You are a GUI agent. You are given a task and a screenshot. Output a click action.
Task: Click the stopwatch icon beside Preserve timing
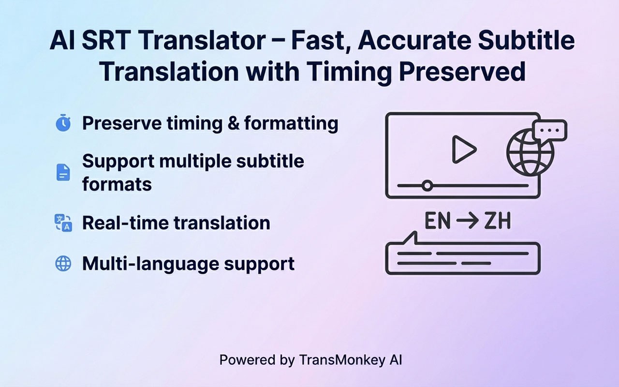[63, 123]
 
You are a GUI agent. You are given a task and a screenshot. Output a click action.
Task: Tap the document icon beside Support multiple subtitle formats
[63, 173]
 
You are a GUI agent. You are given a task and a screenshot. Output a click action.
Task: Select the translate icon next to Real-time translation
[63, 223]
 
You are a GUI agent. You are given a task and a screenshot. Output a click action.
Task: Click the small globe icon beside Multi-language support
[63, 263]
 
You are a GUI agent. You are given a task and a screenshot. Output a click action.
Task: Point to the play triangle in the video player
[464, 149]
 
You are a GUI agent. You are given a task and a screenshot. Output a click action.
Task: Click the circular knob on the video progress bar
[427, 185]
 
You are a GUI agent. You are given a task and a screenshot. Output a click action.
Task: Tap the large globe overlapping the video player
[530, 152]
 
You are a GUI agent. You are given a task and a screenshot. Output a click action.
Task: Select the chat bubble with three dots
[550, 131]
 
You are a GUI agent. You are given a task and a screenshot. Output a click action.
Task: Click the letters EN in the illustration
[438, 221]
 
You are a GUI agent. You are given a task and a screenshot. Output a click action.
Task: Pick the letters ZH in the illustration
[498, 221]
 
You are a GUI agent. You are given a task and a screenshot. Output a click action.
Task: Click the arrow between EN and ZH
[468, 221]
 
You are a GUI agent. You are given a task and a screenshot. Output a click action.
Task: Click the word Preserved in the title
[462, 71]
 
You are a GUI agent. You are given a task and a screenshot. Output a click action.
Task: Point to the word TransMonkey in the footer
[342, 360]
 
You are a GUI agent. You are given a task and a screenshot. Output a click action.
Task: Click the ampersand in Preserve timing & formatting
[234, 123]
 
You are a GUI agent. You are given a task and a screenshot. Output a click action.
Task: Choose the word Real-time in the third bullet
[125, 223]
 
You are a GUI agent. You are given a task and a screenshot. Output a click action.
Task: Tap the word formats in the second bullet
[117, 184]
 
